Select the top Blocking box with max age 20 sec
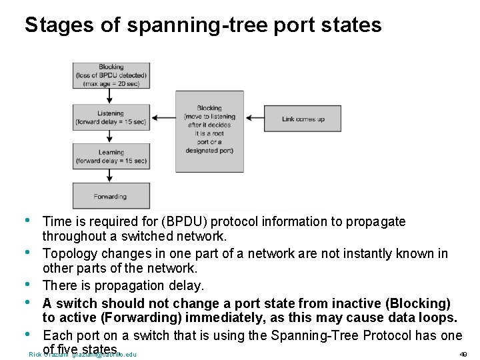(x=111, y=75)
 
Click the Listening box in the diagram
(x=111, y=117)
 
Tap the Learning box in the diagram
(x=111, y=157)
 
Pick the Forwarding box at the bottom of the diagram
(x=111, y=196)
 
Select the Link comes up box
(x=303, y=119)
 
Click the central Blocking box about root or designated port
(x=209, y=131)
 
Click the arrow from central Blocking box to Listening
(x=163, y=119)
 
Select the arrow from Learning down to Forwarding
(x=109, y=177)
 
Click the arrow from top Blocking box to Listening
(x=109, y=96)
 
